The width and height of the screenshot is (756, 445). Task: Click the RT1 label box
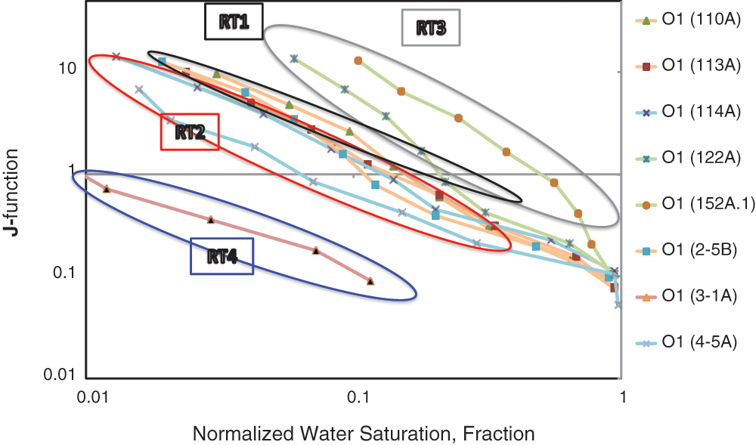pyautogui.click(x=234, y=23)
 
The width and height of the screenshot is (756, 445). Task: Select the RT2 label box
pyautogui.click(x=190, y=132)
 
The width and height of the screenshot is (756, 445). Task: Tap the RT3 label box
pyautogui.click(x=431, y=29)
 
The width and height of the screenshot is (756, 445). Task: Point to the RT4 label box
pyautogui.click(x=222, y=257)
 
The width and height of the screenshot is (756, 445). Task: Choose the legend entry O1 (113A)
pyautogui.click(x=688, y=66)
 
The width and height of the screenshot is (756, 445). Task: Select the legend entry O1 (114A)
pyautogui.click(x=688, y=113)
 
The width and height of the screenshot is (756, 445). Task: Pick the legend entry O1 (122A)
pyautogui.click(x=688, y=159)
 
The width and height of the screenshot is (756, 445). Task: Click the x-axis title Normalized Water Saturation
pyautogui.click(x=364, y=434)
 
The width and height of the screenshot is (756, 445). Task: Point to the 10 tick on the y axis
pyautogui.click(x=67, y=68)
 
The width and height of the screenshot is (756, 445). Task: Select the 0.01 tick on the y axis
pyautogui.click(x=60, y=374)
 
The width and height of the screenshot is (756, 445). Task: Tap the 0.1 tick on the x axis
pyautogui.click(x=355, y=395)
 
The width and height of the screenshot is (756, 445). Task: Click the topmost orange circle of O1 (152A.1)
pyautogui.click(x=358, y=60)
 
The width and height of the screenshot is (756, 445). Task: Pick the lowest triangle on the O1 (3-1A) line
pyautogui.click(x=370, y=281)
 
